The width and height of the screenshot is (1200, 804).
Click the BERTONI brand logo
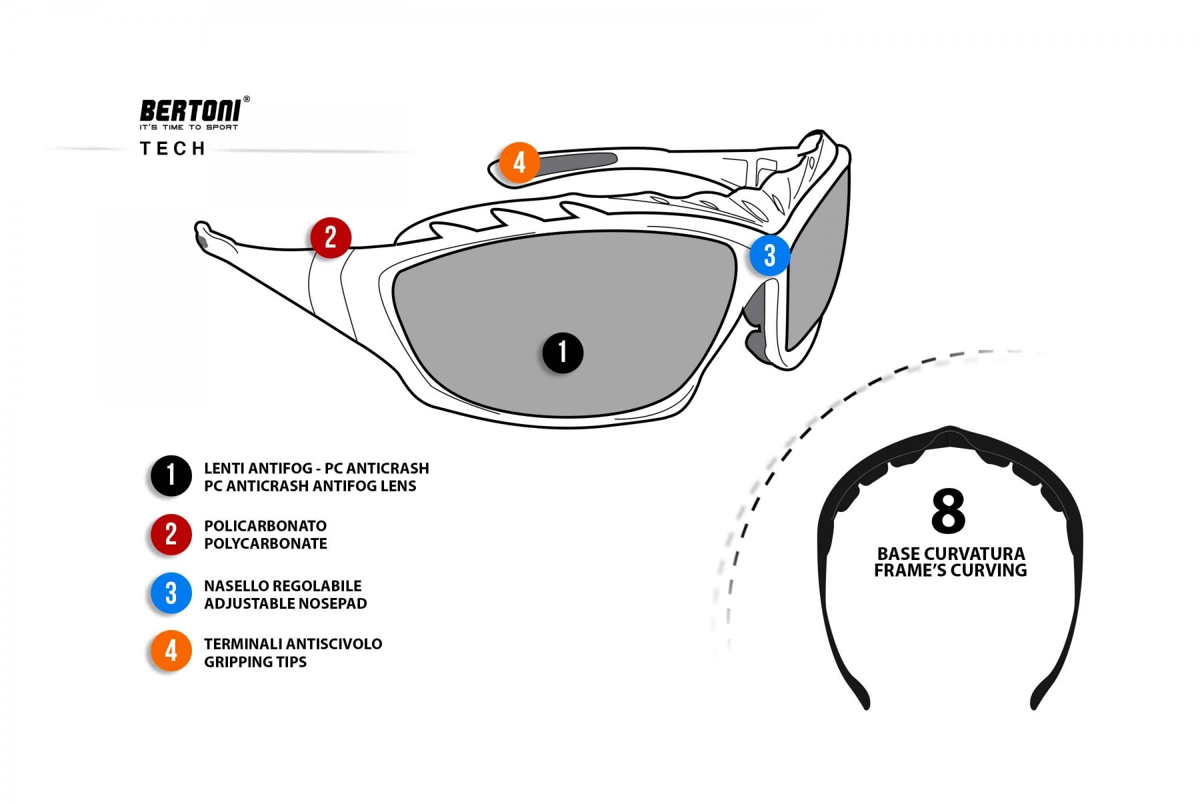point(190,111)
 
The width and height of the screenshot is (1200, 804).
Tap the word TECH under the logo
point(173,149)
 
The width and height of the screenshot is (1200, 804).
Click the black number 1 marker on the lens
point(563,353)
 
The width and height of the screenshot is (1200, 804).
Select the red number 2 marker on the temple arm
point(331,237)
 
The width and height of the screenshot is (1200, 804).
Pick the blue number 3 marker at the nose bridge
point(770,255)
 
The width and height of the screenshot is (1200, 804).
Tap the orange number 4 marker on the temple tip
point(519,162)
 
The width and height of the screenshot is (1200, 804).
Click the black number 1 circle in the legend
point(171,476)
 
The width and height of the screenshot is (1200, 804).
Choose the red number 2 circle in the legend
point(171,535)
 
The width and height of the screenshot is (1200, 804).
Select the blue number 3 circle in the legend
point(171,593)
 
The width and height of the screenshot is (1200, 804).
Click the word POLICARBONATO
point(265,526)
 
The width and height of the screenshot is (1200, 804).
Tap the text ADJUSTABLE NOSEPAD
point(285,604)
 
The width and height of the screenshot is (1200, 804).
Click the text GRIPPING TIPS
point(255,662)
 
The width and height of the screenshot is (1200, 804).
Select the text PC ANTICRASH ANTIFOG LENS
point(310,487)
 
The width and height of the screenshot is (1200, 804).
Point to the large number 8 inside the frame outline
point(948,511)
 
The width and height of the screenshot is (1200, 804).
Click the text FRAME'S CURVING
point(950,571)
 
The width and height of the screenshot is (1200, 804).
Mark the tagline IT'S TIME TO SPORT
point(189,127)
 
